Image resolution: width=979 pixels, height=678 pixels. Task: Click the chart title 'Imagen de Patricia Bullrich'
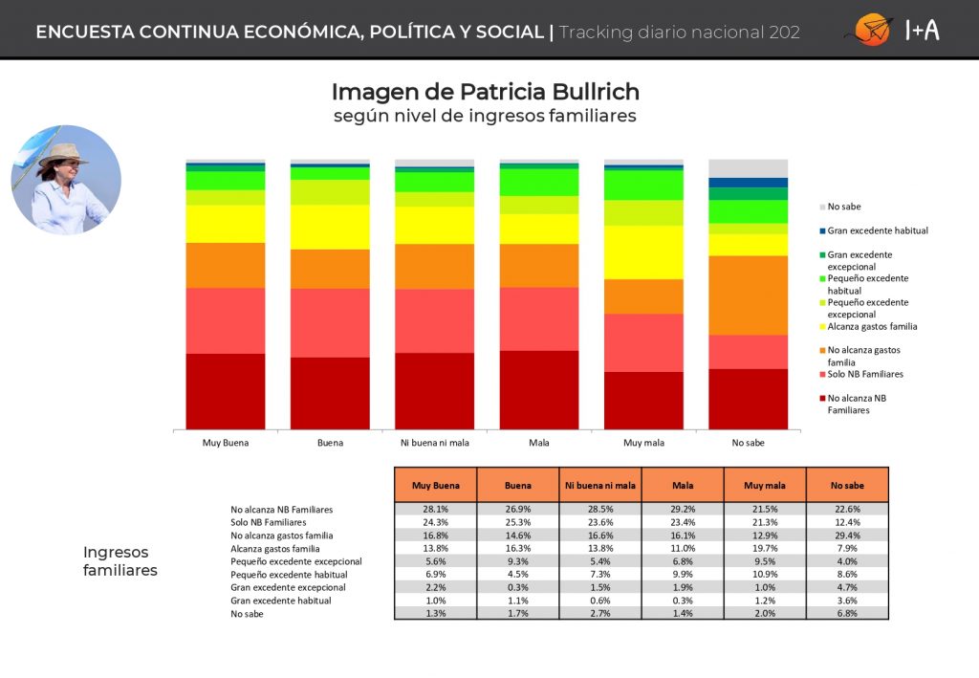(x=485, y=92)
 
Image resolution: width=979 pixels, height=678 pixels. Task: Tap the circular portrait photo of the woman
(x=66, y=180)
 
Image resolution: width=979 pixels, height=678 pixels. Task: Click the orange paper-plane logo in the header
(x=872, y=30)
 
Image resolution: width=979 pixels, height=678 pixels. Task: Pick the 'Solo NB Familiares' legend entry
(x=861, y=374)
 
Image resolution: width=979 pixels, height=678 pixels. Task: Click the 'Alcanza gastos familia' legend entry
(x=868, y=326)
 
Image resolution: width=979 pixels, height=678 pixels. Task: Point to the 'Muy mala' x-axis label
(x=643, y=443)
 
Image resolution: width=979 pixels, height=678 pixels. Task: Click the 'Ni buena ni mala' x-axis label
(x=435, y=443)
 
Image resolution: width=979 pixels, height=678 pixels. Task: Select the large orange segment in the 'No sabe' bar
(x=748, y=295)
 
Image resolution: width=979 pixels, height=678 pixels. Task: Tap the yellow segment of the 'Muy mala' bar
(x=643, y=252)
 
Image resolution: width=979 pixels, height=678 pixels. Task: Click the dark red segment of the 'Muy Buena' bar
(x=226, y=391)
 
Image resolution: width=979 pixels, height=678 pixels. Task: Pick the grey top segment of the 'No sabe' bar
(x=748, y=168)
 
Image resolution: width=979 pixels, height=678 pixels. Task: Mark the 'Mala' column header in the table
(x=683, y=485)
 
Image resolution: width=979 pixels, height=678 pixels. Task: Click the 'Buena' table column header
(x=517, y=485)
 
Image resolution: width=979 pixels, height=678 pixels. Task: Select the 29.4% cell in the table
(x=847, y=536)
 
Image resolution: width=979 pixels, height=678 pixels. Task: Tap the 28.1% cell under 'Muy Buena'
(x=436, y=510)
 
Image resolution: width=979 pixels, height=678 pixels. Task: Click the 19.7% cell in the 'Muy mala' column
(x=765, y=548)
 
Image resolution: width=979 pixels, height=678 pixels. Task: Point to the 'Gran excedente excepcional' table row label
(x=288, y=587)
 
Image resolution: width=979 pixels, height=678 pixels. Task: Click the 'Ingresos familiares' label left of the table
(x=120, y=560)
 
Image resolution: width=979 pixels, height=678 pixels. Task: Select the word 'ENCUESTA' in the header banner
(x=85, y=32)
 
